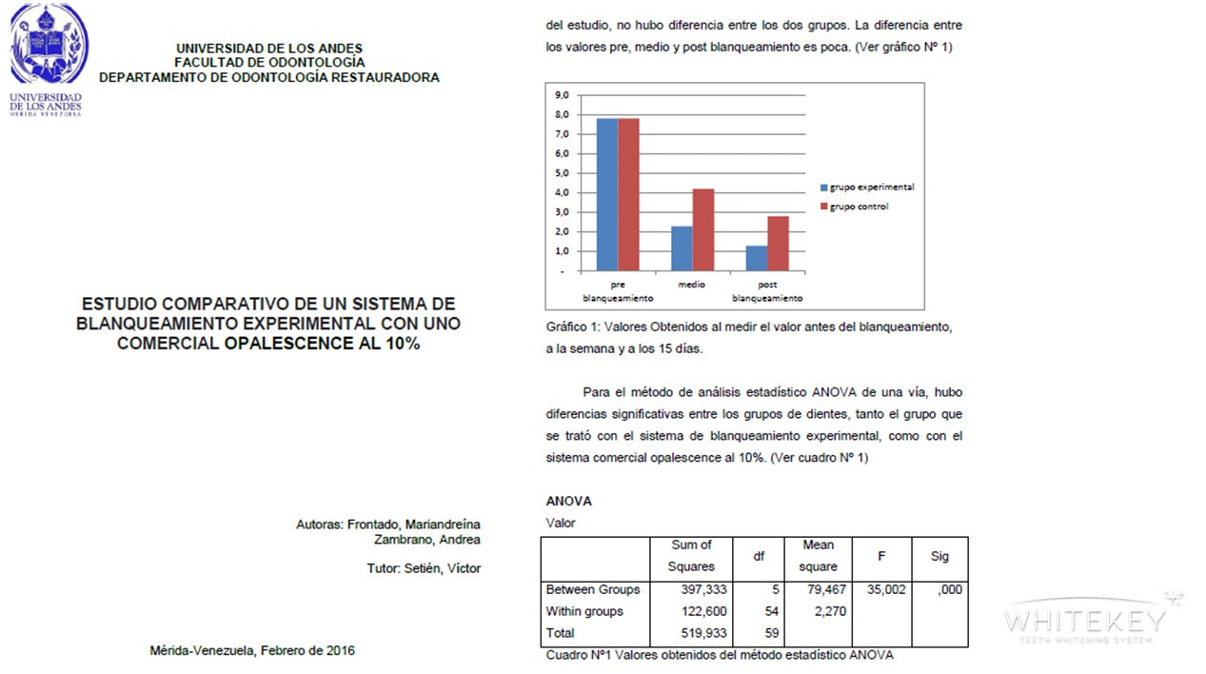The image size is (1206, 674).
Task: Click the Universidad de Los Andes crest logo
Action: (x=48, y=45)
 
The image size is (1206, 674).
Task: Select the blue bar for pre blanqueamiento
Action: (x=606, y=194)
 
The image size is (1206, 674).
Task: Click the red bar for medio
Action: (x=702, y=229)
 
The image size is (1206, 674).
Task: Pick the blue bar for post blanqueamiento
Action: (x=757, y=258)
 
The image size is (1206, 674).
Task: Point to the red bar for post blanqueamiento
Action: (x=778, y=244)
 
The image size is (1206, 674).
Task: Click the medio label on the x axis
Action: (x=692, y=285)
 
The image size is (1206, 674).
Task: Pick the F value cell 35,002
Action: (x=885, y=589)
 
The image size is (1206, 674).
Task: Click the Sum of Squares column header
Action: (x=691, y=555)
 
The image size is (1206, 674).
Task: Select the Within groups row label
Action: (x=584, y=611)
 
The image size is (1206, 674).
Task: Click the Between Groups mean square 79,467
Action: (x=823, y=589)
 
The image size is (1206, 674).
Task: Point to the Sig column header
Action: (x=939, y=555)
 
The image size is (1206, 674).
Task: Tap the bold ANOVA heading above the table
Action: (x=568, y=501)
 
